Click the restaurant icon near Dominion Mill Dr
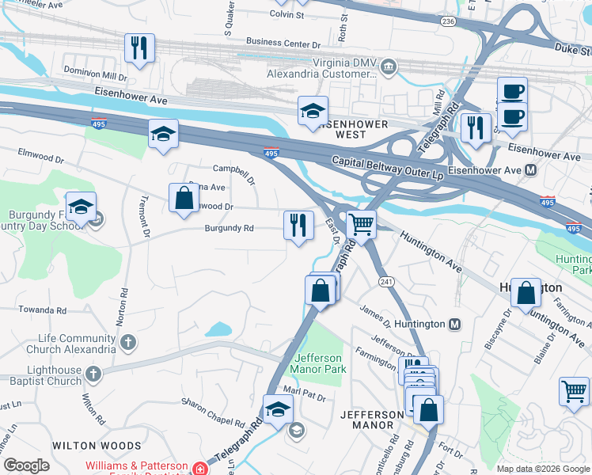[x=139, y=48]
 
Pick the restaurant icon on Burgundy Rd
[x=298, y=226]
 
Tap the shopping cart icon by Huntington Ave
[x=361, y=225]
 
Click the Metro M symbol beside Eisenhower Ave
[x=530, y=170]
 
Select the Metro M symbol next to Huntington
[x=454, y=324]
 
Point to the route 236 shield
[x=447, y=21]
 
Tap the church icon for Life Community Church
[x=128, y=343]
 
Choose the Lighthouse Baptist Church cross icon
[x=93, y=374]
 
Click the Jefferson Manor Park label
[x=318, y=363]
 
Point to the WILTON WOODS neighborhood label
[x=97, y=446]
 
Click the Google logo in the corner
[x=26, y=465]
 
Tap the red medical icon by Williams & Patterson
[x=202, y=469]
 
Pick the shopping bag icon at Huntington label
[x=526, y=293]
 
